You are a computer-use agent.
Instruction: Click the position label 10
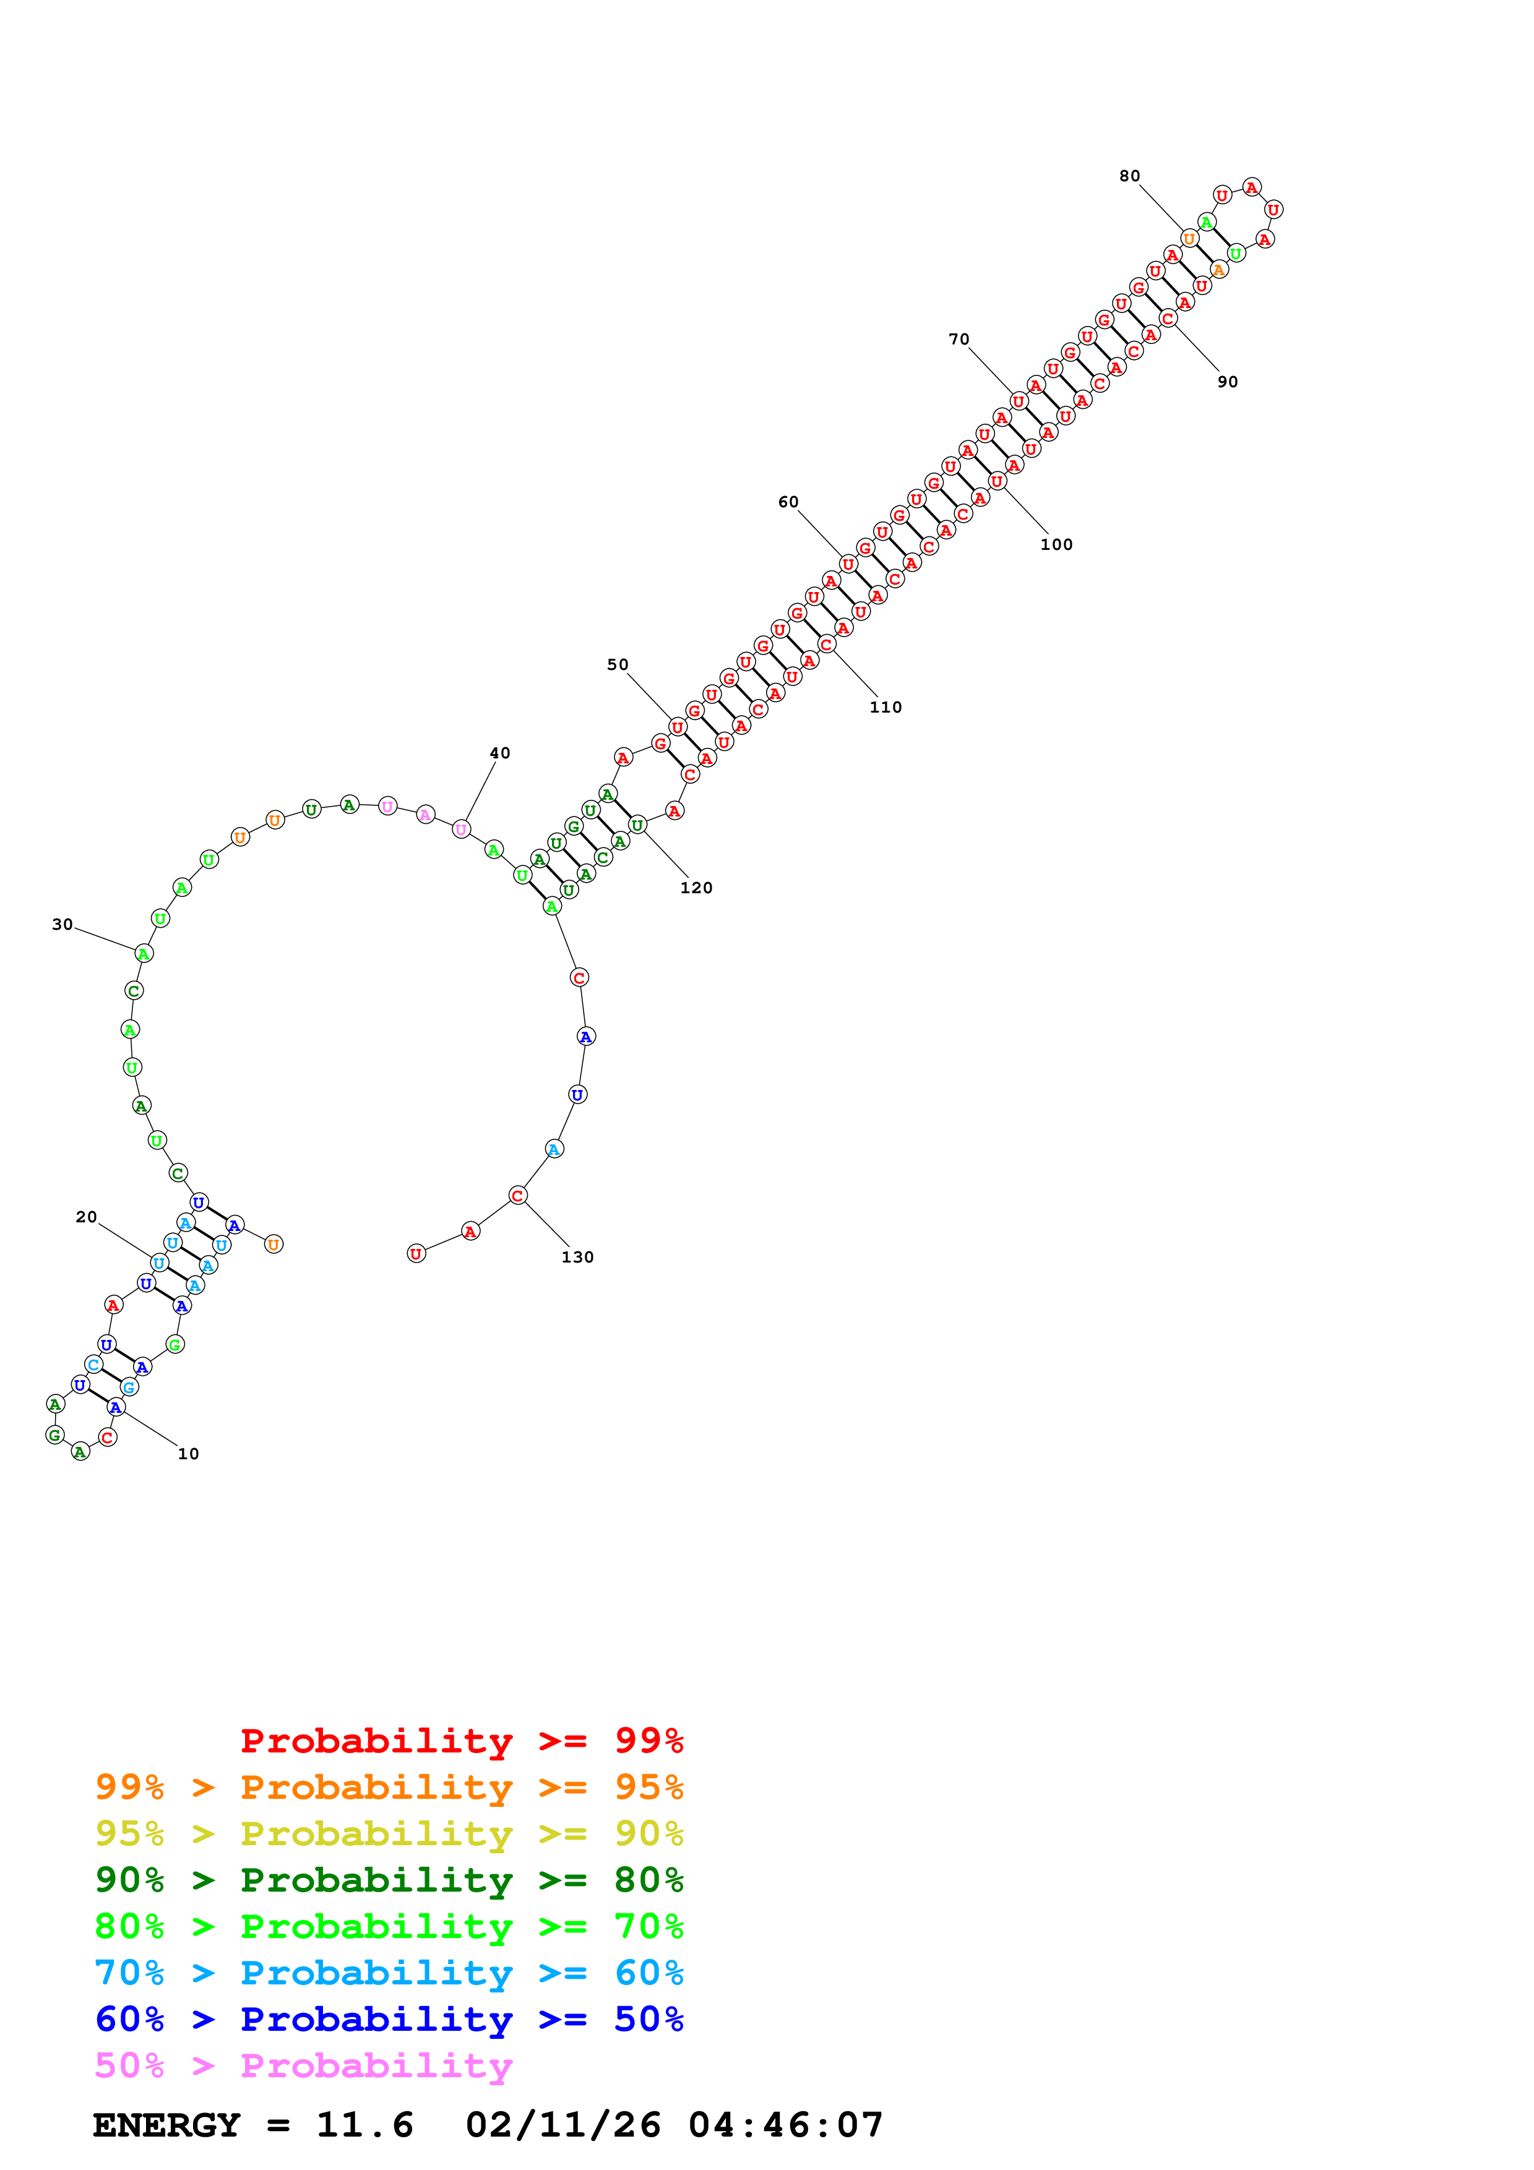click(188, 1454)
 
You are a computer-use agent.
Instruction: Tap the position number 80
click(1129, 176)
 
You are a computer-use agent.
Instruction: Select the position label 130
click(577, 1257)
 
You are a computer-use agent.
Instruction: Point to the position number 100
click(1057, 544)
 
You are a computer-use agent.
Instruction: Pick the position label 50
click(617, 664)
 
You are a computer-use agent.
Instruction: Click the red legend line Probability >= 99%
click(462, 1740)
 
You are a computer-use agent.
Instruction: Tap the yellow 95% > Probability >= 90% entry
click(389, 1833)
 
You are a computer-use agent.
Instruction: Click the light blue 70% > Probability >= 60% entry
click(389, 1973)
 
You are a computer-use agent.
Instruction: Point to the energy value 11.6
click(365, 2125)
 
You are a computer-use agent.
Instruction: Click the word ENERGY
click(166, 2125)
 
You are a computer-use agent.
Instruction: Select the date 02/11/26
click(563, 2125)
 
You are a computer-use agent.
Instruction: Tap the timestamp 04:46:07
click(785, 2125)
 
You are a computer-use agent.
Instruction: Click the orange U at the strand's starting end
click(273, 1244)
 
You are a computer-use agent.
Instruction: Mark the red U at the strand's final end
click(416, 1253)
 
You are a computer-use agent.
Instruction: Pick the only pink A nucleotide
click(425, 815)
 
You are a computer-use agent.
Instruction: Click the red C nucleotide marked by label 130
click(517, 1196)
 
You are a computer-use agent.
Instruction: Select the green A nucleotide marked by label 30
click(144, 954)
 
